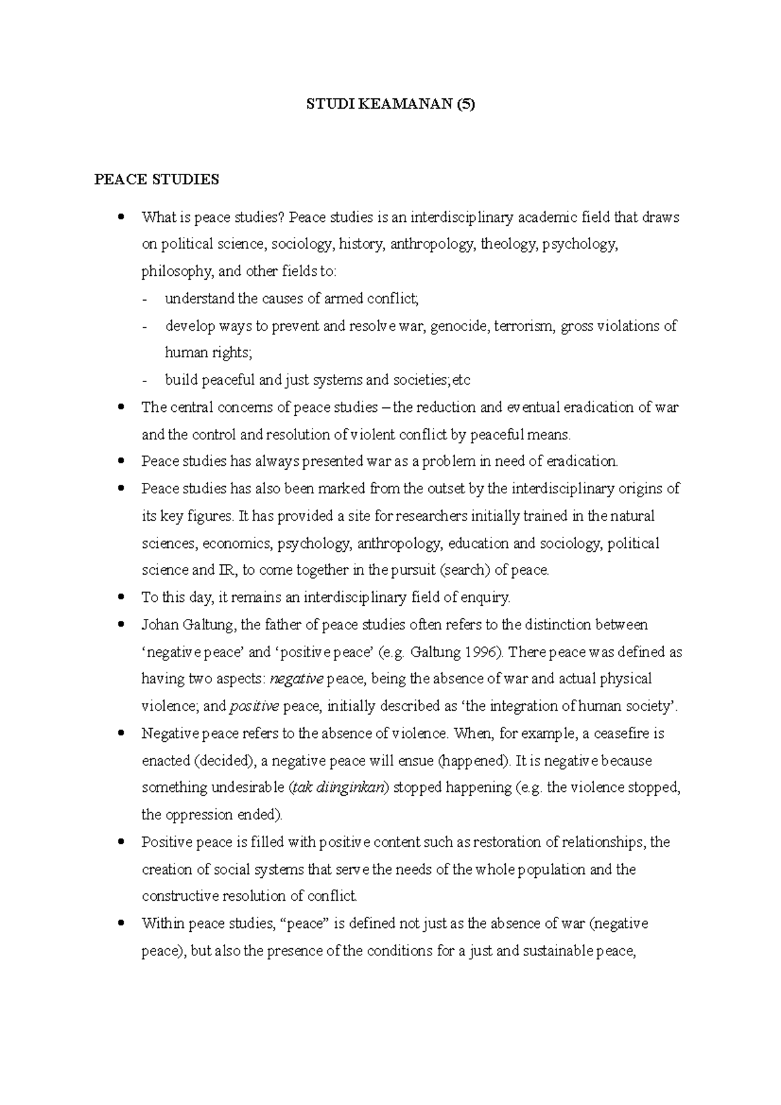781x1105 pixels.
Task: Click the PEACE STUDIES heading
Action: [x=156, y=180]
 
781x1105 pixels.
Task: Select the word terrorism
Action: [x=525, y=326]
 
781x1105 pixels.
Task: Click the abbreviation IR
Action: [x=225, y=571]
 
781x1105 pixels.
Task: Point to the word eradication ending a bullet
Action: [x=581, y=461]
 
